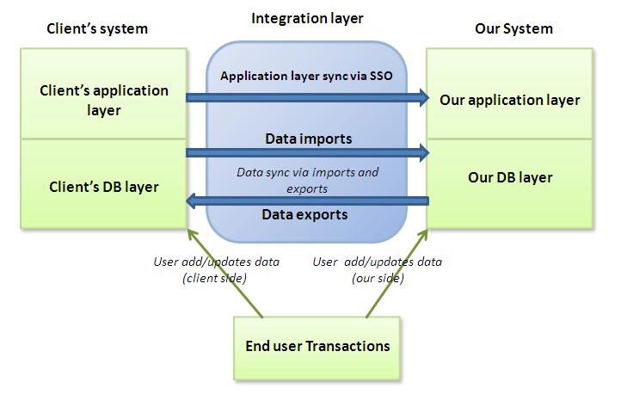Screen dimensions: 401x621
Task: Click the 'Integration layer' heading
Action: coord(306,18)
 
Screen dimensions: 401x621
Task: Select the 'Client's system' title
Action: coord(96,28)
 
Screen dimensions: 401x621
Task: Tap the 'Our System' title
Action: coord(513,28)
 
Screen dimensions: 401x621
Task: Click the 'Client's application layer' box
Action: coord(104,100)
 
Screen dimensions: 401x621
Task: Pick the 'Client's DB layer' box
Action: coord(104,185)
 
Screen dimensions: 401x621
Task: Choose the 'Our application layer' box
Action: coord(509,100)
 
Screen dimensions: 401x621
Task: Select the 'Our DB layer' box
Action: coord(509,178)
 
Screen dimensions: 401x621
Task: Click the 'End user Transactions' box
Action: coord(317,347)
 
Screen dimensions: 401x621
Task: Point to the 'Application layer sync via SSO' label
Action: coord(306,76)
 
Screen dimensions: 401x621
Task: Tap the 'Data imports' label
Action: coord(308,138)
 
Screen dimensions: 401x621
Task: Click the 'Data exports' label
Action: coord(304,214)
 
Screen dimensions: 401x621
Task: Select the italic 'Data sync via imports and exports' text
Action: coord(307,180)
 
